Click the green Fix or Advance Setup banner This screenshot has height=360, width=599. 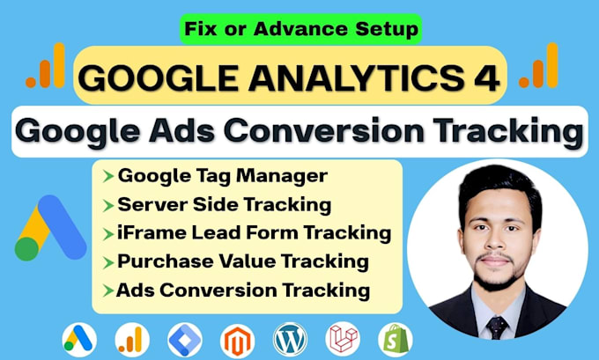point(300,29)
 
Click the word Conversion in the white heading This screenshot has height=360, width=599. point(324,131)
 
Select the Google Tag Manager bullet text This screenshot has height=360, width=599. point(223,176)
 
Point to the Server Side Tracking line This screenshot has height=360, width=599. point(225,204)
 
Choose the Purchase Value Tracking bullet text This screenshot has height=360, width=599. point(243,261)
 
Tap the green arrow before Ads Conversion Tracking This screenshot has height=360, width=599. point(108,290)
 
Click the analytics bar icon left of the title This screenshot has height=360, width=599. point(45,66)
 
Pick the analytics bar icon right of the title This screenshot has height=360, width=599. point(538,66)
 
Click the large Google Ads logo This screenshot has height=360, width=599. point(50,228)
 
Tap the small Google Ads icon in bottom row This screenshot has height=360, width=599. point(79,340)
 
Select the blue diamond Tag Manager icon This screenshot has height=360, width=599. point(185,340)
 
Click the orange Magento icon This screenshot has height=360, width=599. point(237,341)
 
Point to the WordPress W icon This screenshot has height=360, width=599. point(290,340)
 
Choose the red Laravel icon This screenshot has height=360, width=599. point(343,340)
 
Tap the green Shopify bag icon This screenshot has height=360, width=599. point(396,340)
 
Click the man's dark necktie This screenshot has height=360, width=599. point(497,327)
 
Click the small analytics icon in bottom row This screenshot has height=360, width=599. point(132,340)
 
